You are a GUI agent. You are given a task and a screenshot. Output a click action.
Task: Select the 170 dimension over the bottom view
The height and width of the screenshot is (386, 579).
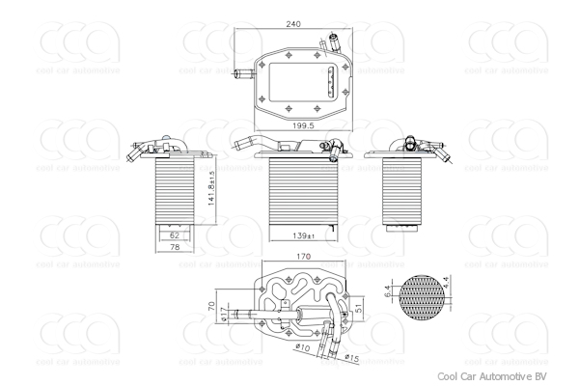click(x=303, y=258)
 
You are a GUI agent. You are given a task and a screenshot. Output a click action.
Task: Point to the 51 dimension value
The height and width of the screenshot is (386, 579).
click(x=360, y=308)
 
